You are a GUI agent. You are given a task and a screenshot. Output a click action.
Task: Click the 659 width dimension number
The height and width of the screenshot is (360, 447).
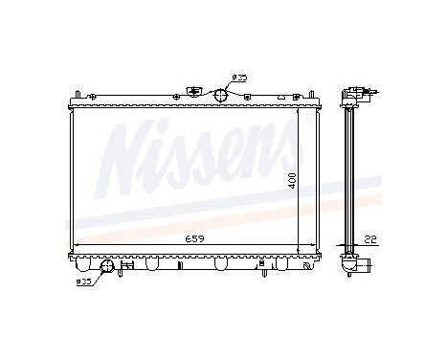pyautogui.click(x=194, y=238)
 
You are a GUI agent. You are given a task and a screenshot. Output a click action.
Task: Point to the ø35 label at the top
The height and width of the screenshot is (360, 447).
pyautogui.click(x=238, y=78)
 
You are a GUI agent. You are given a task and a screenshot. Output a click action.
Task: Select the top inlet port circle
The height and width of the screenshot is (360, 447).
pyautogui.click(x=220, y=93)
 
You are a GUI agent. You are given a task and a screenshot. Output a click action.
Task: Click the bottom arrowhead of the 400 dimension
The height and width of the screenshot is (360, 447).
pyautogui.click(x=300, y=250)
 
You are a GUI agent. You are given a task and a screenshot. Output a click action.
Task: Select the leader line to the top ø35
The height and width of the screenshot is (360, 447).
pyautogui.click(x=229, y=84)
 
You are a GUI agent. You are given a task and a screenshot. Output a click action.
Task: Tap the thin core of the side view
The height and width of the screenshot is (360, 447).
pyautogui.click(x=351, y=177)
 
